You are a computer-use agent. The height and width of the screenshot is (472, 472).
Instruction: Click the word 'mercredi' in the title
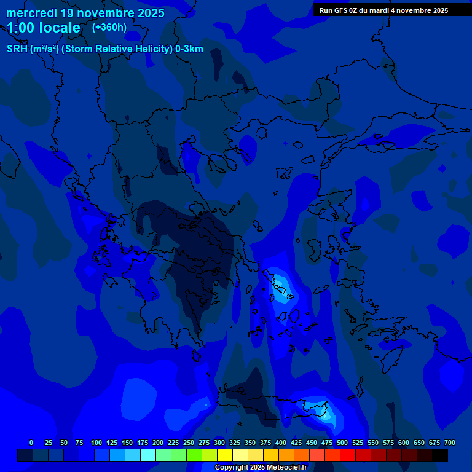tap(31, 13)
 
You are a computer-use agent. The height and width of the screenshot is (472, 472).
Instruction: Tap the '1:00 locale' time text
tap(44, 28)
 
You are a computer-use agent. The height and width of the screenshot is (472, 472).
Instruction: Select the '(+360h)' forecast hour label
tap(109, 28)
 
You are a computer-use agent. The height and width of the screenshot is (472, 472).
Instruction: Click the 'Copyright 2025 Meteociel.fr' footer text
tap(260, 467)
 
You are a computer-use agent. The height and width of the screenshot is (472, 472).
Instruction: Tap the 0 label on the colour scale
tap(31, 442)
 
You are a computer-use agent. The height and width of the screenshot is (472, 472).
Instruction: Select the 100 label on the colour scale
tap(96, 442)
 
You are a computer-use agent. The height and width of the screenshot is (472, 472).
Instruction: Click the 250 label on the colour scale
tap(189, 442)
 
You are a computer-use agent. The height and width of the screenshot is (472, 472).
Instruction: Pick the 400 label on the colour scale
tap(281, 442)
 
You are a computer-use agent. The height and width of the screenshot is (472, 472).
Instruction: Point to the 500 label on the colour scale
tap(342, 442)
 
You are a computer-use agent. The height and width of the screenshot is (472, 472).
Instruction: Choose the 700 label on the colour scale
tap(450, 442)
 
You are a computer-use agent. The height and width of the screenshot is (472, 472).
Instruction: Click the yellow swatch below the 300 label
tap(225, 455)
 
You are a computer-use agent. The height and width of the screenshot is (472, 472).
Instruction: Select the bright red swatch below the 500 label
tap(348, 455)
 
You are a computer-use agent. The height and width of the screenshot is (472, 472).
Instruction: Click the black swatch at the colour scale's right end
tap(440, 455)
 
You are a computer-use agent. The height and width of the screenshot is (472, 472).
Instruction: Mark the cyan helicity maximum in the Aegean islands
tap(280, 285)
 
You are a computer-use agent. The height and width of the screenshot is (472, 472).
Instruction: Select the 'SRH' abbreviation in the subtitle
tap(17, 49)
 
